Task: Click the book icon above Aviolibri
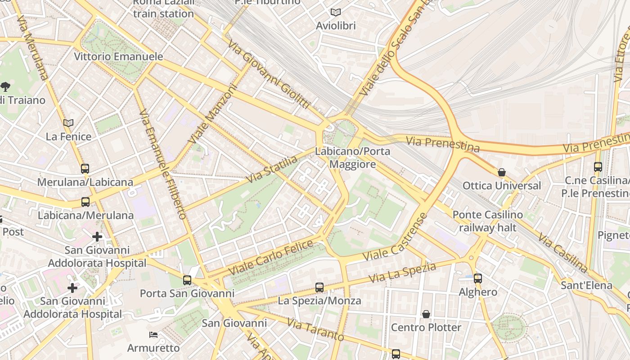pyautogui.click(x=335, y=12)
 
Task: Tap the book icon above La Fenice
pyautogui.click(x=68, y=123)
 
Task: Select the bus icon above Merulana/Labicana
pyautogui.click(x=85, y=169)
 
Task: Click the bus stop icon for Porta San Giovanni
pyautogui.click(x=187, y=280)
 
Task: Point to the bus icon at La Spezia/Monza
pyautogui.click(x=319, y=287)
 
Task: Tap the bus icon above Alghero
pyautogui.click(x=478, y=279)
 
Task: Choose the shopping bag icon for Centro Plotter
pyautogui.click(x=426, y=314)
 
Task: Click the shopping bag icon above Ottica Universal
pyautogui.click(x=502, y=172)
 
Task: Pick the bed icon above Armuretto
pyautogui.click(x=153, y=335)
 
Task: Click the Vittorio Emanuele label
pyautogui.click(x=118, y=57)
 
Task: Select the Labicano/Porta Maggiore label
pyautogui.click(x=352, y=157)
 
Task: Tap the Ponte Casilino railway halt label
pyautogui.click(x=488, y=221)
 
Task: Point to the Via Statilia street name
pyautogui.click(x=272, y=170)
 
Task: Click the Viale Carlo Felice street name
pyautogui.click(x=271, y=258)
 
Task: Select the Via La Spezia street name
pyautogui.click(x=402, y=273)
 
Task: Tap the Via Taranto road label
pyautogui.click(x=315, y=330)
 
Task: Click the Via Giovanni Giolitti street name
pyautogui.click(x=269, y=74)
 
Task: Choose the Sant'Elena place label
pyautogui.click(x=586, y=285)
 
